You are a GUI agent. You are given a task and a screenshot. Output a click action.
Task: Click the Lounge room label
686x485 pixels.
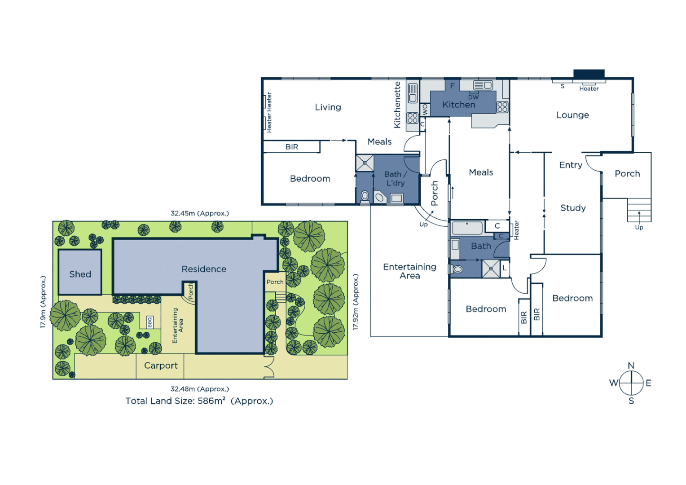point(572,115)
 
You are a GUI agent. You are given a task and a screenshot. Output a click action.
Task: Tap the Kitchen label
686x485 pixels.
point(458,105)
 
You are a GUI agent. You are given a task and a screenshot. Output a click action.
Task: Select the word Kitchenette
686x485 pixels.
point(397,105)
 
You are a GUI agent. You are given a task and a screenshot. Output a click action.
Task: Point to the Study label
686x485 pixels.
point(573,208)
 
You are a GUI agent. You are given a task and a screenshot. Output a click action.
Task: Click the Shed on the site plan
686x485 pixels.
point(80,274)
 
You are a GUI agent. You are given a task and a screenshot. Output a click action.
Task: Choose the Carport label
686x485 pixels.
point(161,366)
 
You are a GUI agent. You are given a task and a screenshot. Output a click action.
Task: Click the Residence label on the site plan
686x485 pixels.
point(204,269)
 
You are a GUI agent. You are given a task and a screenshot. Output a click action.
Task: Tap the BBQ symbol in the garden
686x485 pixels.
point(150,322)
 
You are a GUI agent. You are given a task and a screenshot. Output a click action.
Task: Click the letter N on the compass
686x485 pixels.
point(631,366)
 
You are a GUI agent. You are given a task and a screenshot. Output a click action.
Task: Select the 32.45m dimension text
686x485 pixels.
point(199,213)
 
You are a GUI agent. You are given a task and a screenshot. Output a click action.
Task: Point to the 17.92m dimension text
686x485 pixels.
point(355,302)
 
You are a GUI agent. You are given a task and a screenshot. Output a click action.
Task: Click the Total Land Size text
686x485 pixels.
point(199,401)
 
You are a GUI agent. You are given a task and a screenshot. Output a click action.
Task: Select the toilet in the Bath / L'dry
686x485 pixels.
point(365,196)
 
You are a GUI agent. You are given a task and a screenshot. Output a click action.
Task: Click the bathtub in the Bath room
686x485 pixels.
point(467,228)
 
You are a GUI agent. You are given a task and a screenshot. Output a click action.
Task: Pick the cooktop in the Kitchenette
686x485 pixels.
point(412,118)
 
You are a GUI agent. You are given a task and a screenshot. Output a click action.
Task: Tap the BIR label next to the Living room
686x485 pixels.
point(292,147)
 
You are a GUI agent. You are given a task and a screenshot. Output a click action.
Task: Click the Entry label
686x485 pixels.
point(571,165)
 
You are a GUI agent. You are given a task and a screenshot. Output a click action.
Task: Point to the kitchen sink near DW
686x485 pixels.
point(483,85)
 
